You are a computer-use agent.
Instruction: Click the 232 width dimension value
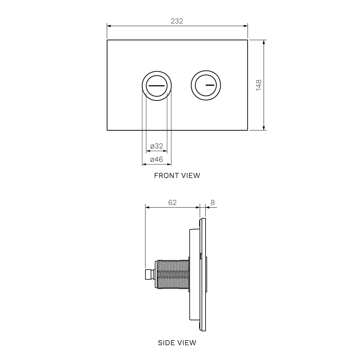pyautogui.click(x=177, y=21)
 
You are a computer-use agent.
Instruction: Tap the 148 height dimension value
pyautogui.click(x=259, y=85)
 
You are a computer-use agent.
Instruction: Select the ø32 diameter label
pyautogui.click(x=157, y=146)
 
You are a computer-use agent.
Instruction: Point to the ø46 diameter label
pyautogui.click(x=157, y=159)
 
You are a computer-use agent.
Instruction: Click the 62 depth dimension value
pyautogui.click(x=172, y=202)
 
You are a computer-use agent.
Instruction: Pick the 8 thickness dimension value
pyautogui.click(x=212, y=202)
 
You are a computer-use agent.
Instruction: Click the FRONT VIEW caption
pyautogui.click(x=177, y=176)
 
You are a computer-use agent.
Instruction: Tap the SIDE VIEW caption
pyautogui.click(x=177, y=343)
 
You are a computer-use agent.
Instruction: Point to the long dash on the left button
pyautogui.click(x=157, y=86)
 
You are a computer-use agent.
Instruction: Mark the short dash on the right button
pyautogui.click(x=210, y=85)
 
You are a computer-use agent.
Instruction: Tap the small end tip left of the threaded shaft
pyautogui.click(x=150, y=275)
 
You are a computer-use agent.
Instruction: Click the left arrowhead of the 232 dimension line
pyautogui.click(x=109, y=26)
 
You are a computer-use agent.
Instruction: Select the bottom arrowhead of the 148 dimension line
pyautogui.click(x=264, y=128)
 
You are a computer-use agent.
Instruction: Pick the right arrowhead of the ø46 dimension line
pyautogui.click(x=169, y=165)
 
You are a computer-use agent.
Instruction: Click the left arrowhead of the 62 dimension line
pyautogui.click(x=147, y=208)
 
